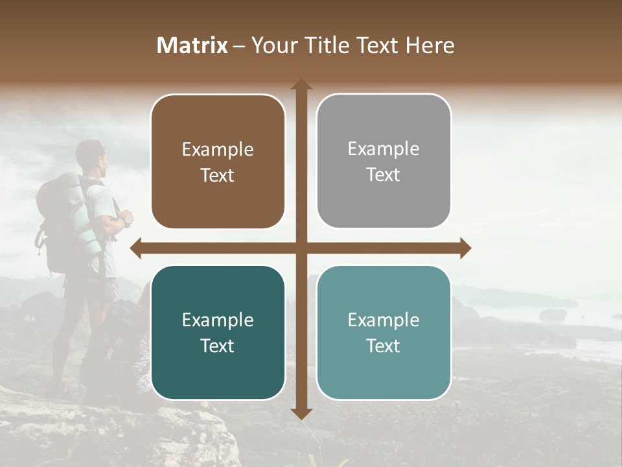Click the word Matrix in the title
(x=192, y=45)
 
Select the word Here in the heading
(x=430, y=45)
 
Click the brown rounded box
(x=218, y=162)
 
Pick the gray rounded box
(x=384, y=162)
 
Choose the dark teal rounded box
(x=218, y=333)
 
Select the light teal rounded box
(x=384, y=333)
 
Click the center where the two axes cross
(x=301, y=248)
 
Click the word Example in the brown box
(x=218, y=150)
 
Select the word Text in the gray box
(x=384, y=175)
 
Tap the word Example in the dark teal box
(x=218, y=320)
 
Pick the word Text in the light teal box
(x=384, y=346)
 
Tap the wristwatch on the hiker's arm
(x=128, y=221)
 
